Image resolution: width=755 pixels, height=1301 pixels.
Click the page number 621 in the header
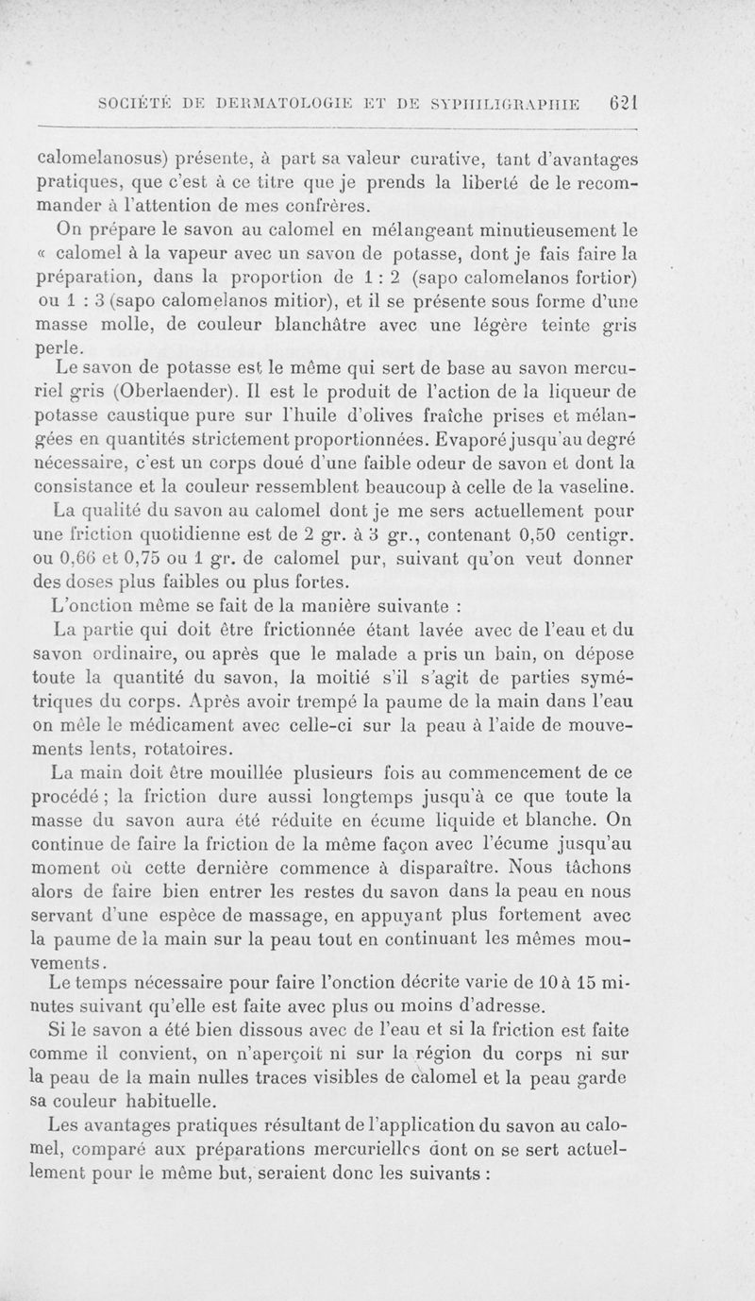(x=625, y=102)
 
